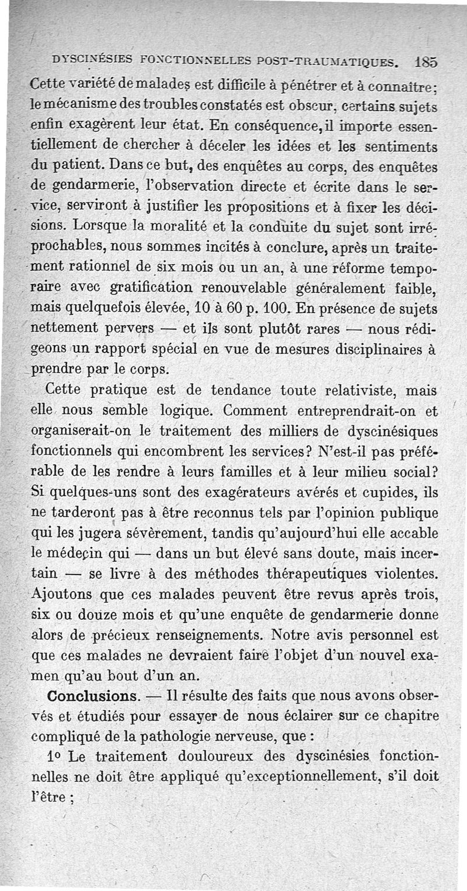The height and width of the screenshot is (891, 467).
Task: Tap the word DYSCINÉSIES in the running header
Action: click(x=90, y=58)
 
